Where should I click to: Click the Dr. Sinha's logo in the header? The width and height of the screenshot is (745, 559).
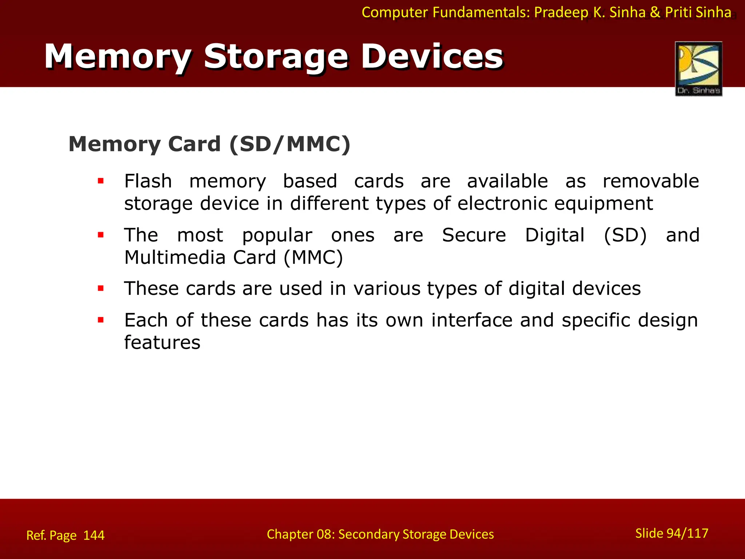tap(698, 69)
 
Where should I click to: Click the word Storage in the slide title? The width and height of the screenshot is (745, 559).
tap(275, 57)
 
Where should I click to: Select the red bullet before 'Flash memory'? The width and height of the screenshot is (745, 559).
tap(101, 181)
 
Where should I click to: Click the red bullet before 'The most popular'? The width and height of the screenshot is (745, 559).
tap(101, 235)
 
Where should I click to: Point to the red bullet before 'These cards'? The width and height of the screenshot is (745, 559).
tap(101, 289)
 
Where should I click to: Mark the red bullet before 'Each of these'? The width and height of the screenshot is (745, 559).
tap(101, 320)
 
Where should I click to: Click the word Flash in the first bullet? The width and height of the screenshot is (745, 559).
tap(148, 181)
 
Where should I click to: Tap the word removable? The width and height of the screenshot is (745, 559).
tap(651, 181)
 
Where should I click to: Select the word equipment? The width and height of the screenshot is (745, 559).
tap(603, 204)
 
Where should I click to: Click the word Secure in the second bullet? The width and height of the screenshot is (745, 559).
tap(474, 235)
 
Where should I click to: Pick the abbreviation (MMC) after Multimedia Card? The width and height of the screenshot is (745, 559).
tap(313, 258)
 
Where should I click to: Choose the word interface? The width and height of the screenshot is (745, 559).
tap(472, 320)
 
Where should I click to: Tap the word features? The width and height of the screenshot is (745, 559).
tap(162, 343)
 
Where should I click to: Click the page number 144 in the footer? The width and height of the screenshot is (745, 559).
tap(94, 535)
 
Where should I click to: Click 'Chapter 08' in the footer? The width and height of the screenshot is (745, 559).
tap(299, 534)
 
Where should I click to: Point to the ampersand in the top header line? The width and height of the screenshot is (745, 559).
tap(655, 13)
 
